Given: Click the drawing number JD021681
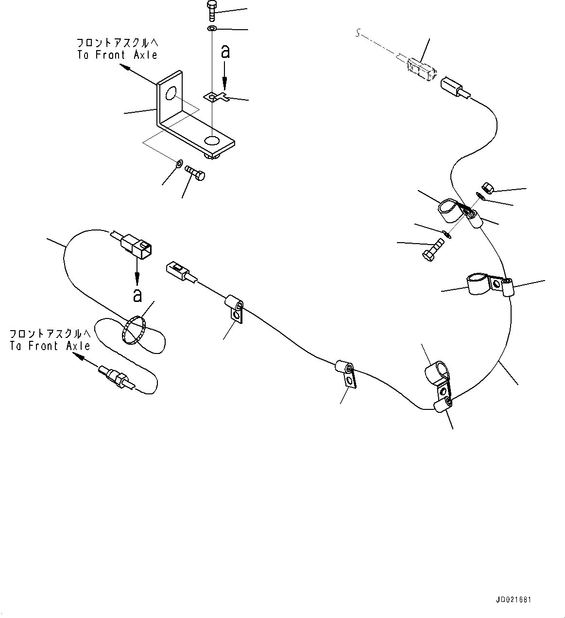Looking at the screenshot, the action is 514,600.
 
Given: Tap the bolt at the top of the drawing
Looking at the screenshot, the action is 211,11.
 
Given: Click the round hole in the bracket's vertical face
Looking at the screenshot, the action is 170,93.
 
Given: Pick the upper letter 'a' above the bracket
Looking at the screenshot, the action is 225,52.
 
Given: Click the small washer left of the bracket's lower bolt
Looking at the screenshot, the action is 179,163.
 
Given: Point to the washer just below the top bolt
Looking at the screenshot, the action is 211,29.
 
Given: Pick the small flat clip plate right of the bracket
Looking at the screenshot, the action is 217,98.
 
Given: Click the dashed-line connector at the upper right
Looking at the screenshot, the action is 421,68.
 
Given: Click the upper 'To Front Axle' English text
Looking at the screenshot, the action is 117,55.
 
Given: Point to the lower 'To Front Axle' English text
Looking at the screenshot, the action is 50,346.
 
